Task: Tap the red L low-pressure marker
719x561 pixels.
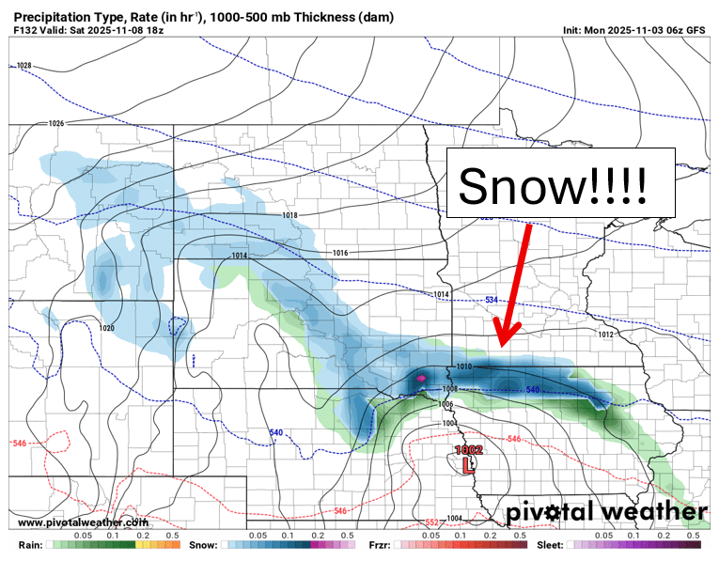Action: click(x=469, y=463)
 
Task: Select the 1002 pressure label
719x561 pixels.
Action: click(x=469, y=449)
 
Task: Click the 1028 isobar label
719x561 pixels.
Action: click(x=24, y=66)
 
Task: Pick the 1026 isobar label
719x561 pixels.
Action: click(x=55, y=124)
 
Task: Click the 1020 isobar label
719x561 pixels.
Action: click(x=106, y=328)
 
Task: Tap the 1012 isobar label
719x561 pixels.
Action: click(x=604, y=335)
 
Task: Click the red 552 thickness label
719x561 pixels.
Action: click(x=431, y=522)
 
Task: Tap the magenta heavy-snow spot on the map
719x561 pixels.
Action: click(x=421, y=378)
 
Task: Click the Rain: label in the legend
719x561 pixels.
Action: click(x=30, y=545)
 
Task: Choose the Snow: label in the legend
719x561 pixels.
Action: click(x=205, y=545)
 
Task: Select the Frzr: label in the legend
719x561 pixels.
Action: click(x=380, y=545)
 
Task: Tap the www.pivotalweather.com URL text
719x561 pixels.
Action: click(x=83, y=522)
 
